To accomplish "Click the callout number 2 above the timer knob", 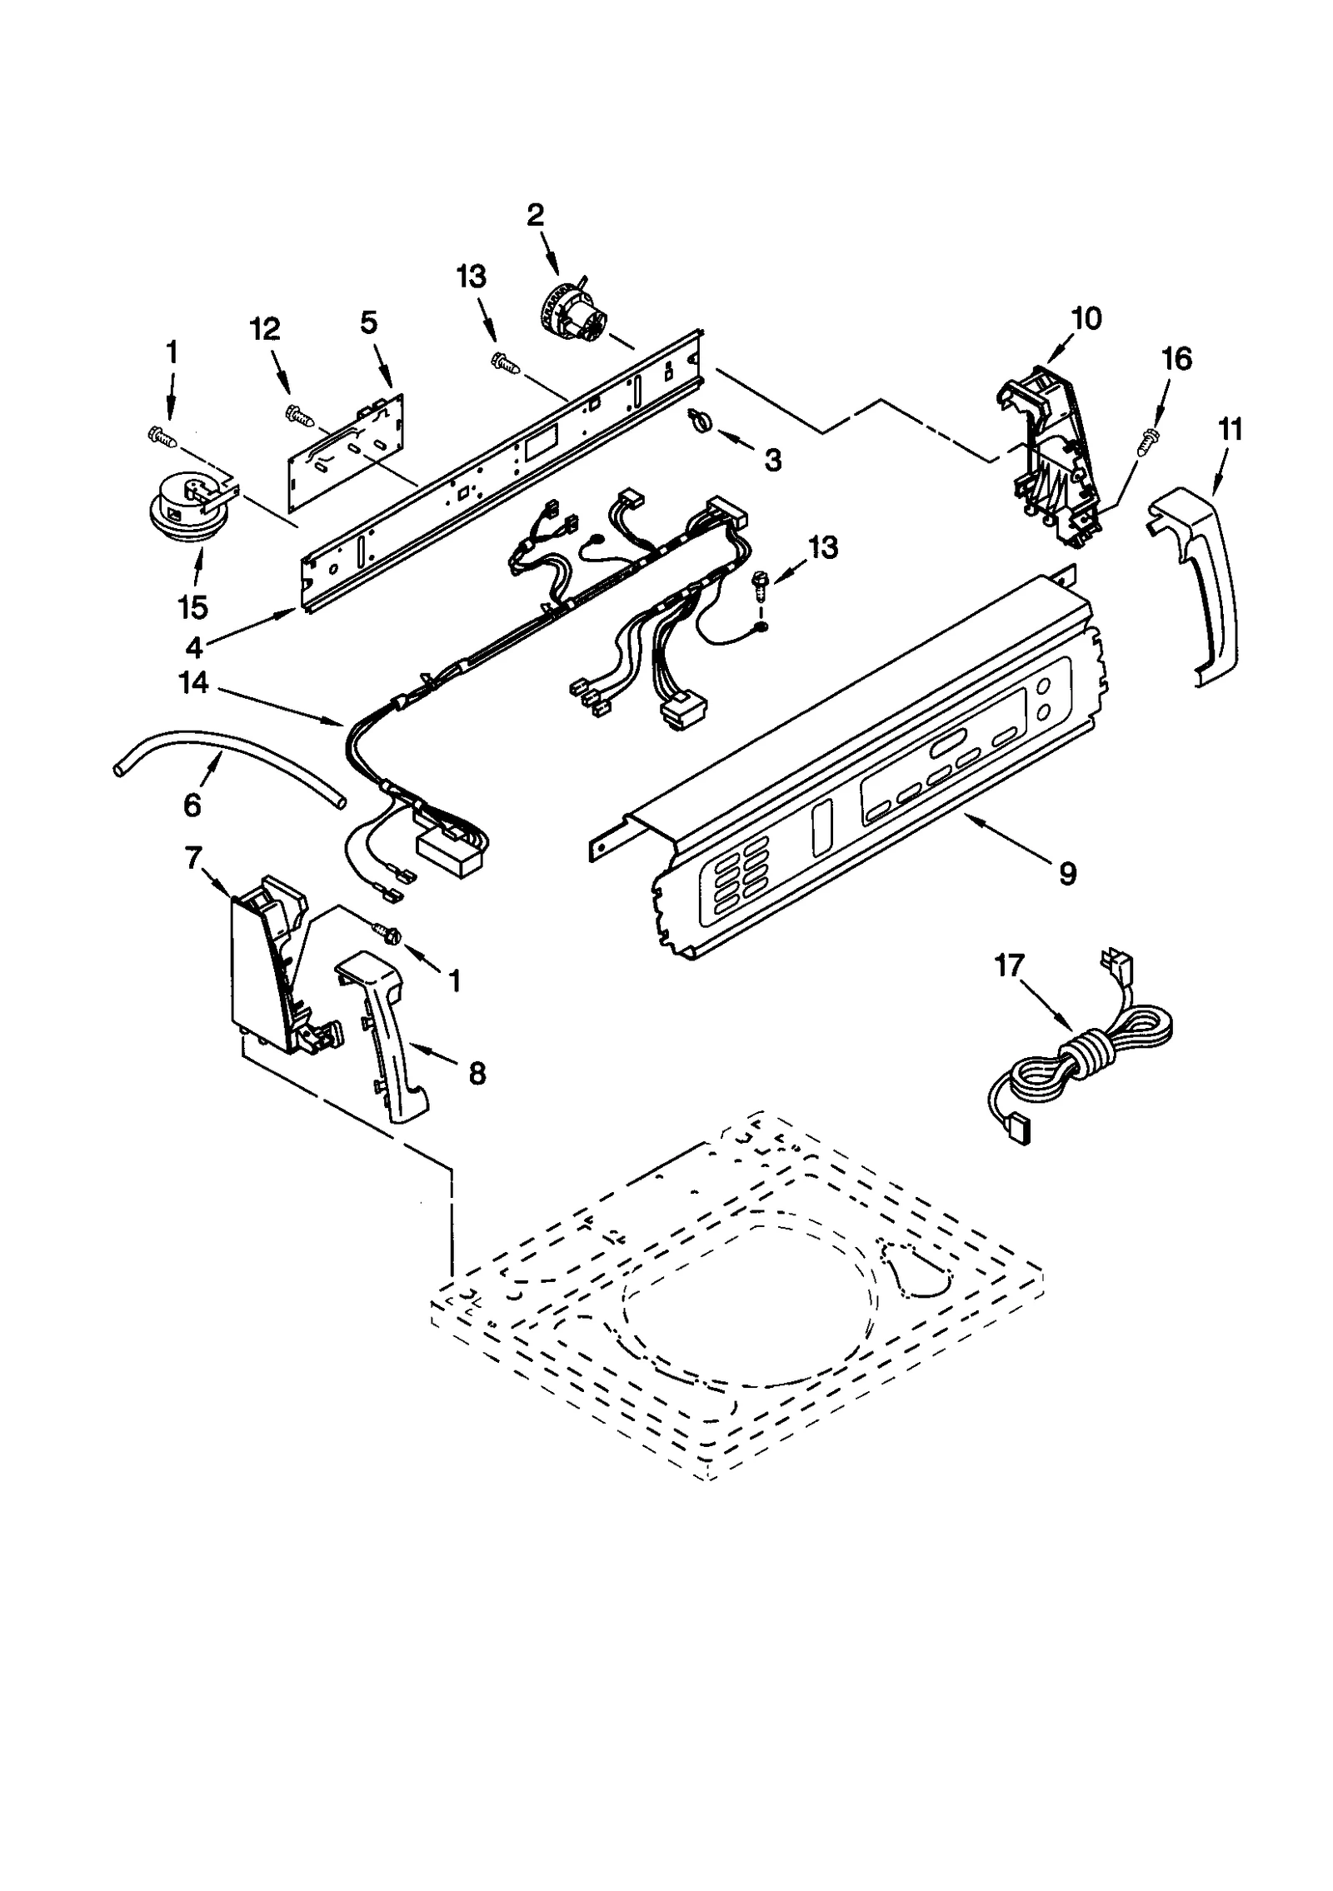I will [x=535, y=215].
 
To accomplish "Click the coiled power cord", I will [x=1083, y=1058].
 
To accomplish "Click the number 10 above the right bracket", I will [x=1086, y=318].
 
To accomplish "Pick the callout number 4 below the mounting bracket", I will [x=193, y=646].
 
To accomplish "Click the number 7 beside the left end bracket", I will [x=193, y=858].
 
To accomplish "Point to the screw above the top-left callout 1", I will [x=162, y=433].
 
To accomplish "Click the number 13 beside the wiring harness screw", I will [x=822, y=548].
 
